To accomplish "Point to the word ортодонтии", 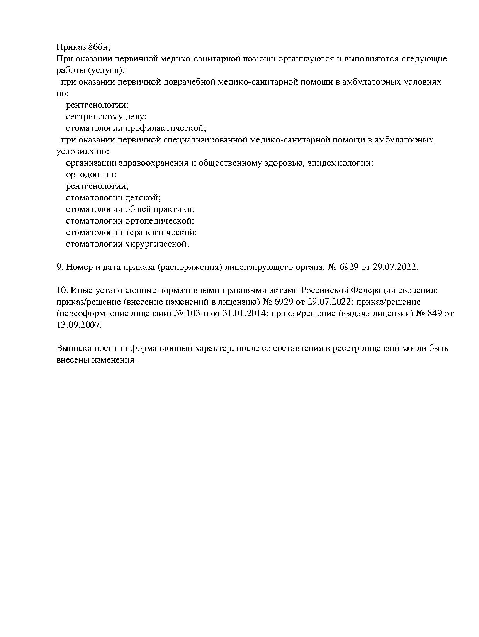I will [x=91, y=174].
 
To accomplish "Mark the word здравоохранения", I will [x=147, y=163].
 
